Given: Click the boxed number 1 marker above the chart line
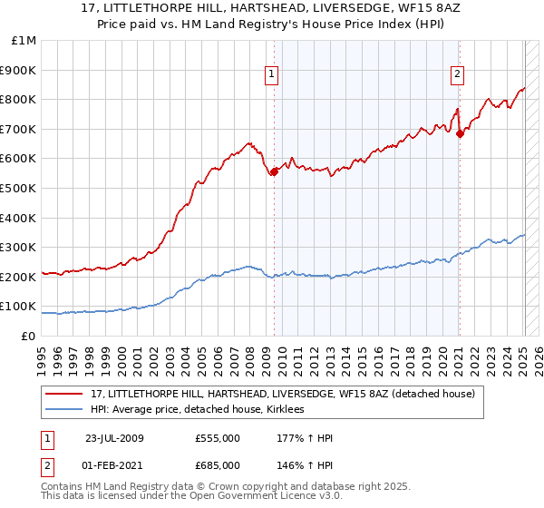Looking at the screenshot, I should click(273, 75).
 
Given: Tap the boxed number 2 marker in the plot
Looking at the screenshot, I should click(458, 75).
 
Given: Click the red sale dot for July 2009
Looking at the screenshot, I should click(274, 171).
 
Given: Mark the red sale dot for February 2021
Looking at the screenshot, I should click(460, 133).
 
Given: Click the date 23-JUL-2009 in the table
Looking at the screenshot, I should click(114, 438).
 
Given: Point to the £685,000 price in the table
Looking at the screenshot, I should click(218, 464).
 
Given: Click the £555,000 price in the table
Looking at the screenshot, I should click(218, 438).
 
